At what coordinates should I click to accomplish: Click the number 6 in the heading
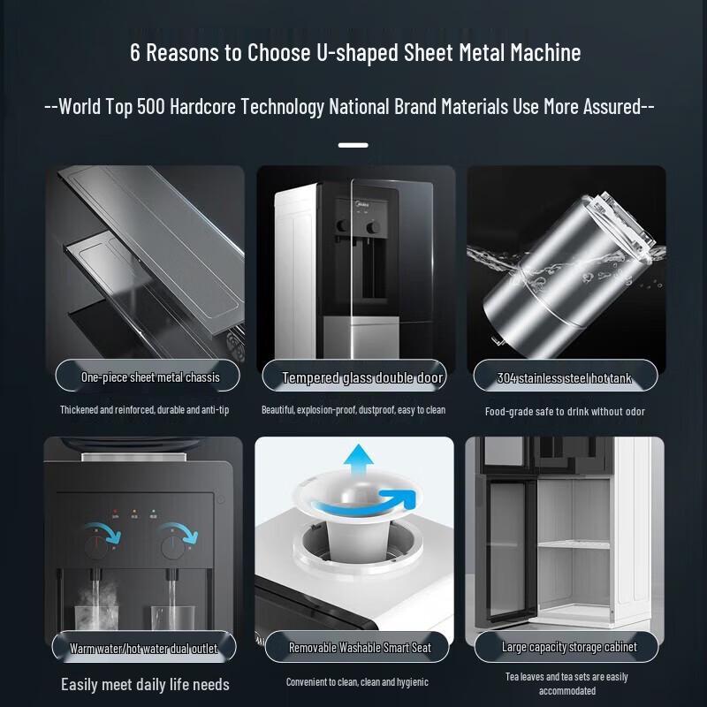point(135,52)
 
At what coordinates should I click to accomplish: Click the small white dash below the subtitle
point(353,144)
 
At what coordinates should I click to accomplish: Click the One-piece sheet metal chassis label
point(150,377)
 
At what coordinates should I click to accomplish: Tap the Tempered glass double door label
point(362,378)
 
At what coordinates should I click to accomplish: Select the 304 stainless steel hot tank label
point(565,378)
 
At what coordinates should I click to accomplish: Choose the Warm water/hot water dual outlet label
point(143,648)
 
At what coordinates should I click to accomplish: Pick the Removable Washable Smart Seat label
point(360,648)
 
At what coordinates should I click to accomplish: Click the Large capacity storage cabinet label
point(569,647)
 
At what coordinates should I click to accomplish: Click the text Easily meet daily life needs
point(145,684)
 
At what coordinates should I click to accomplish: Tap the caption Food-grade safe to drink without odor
point(565,411)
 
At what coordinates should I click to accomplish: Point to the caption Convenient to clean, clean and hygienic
point(357,681)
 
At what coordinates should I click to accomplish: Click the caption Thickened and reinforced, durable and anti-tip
point(144,410)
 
